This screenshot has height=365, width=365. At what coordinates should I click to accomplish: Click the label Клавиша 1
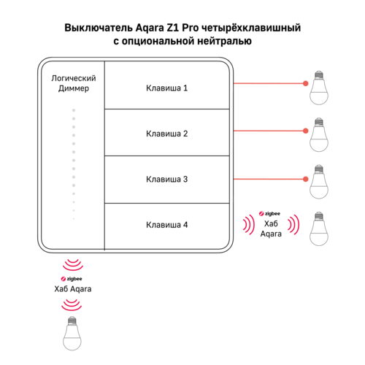pyautogui.click(x=166, y=88)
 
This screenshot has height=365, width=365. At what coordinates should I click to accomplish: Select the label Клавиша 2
pyautogui.click(x=166, y=134)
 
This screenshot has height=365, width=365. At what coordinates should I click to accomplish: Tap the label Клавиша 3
pyautogui.click(x=166, y=179)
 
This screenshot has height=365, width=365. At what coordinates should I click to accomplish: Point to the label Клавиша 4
pyautogui.click(x=166, y=225)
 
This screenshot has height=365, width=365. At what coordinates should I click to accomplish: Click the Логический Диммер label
pyautogui.click(x=74, y=83)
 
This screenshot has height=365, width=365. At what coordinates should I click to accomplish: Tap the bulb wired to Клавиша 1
pyautogui.click(x=319, y=88)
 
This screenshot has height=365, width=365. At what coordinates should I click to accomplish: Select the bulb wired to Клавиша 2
pyautogui.click(x=319, y=135)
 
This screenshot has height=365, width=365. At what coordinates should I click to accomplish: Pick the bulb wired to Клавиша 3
pyautogui.click(x=319, y=182)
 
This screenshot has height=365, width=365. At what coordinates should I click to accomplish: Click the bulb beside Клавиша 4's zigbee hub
pyautogui.click(x=319, y=228)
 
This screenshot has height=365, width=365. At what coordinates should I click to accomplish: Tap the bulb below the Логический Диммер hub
pyautogui.click(x=72, y=334)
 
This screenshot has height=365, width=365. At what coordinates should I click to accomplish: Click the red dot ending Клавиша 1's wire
pyautogui.click(x=306, y=83)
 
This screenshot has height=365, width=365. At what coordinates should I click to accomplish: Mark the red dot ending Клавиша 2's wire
pyautogui.click(x=306, y=131)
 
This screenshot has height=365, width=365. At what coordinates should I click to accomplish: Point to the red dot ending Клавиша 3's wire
pyautogui.click(x=306, y=179)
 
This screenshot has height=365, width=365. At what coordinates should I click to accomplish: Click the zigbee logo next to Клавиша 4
pyautogui.click(x=269, y=214)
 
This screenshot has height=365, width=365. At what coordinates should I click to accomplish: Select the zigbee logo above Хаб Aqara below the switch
pyautogui.click(x=72, y=279)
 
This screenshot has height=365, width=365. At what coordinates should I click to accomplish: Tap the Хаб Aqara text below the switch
pyautogui.click(x=73, y=289)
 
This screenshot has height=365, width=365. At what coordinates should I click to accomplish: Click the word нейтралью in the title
pyautogui.click(x=224, y=41)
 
